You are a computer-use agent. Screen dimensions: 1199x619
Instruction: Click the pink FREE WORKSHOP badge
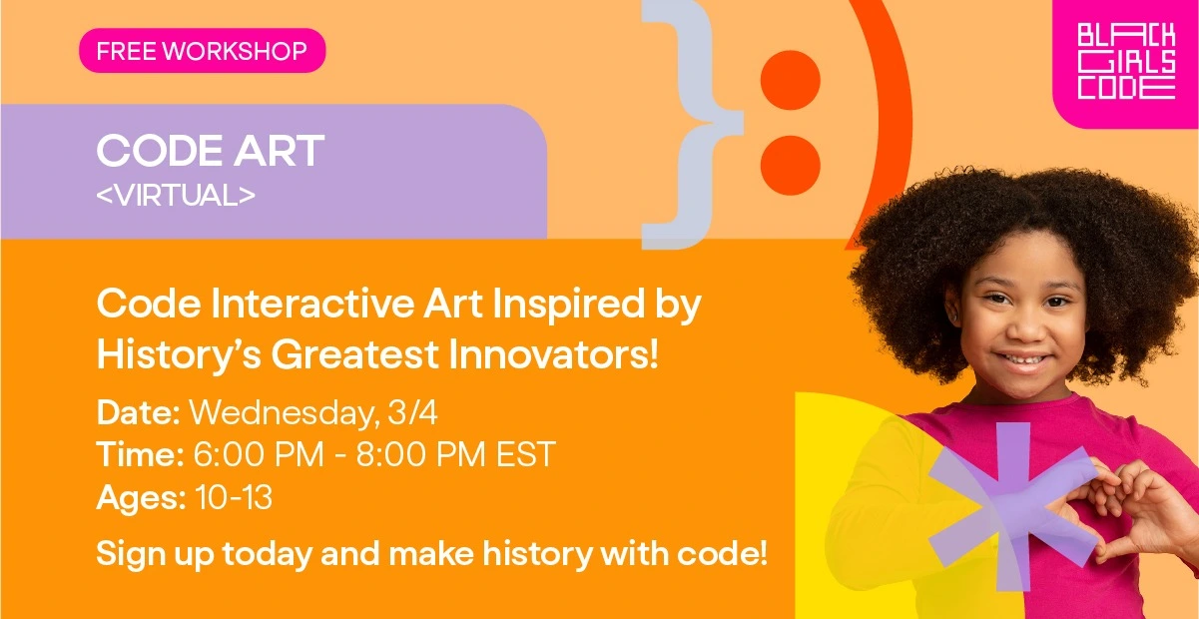[x=203, y=50]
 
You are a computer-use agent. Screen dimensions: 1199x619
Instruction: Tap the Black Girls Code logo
[x=1126, y=61]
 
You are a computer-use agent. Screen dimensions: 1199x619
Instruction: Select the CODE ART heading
[x=211, y=151]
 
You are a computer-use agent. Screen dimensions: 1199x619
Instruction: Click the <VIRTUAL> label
[x=176, y=195]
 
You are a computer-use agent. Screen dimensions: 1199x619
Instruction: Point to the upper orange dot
[x=790, y=80]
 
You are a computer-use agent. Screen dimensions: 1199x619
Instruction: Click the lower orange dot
[x=790, y=165]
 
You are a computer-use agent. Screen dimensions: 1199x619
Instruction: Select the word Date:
[x=138, y=413]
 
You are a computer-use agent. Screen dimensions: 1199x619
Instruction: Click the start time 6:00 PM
[x=259, y=454]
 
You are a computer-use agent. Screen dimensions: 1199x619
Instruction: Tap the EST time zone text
[x=525, y=454]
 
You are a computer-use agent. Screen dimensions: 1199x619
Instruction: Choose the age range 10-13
[x=234, y=497]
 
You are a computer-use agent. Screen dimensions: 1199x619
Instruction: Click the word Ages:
[x=141, y=498]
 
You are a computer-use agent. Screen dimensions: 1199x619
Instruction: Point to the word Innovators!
[x=553, y=354]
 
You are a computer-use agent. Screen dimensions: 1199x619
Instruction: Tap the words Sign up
[x=155, y=554]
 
